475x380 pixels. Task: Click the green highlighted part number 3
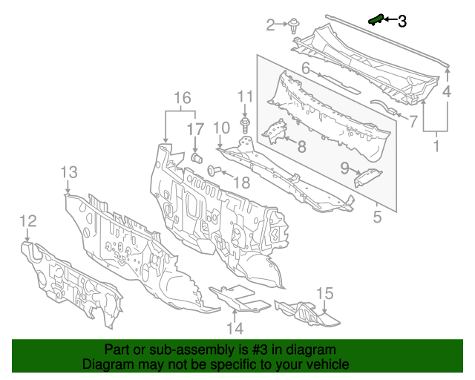[x=376, y=19]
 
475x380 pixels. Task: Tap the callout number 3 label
[x=402, y=22]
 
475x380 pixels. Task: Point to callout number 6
[x=305, y=69]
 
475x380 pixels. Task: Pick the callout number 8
[x=301, y=146]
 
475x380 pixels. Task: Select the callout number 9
[x=344, y=168]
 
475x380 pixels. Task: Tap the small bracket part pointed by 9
[x=368, y=177]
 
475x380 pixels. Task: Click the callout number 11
[x=245, y=96]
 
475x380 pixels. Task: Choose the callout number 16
[x=182, y=97]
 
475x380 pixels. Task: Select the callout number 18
[x=242, y=183]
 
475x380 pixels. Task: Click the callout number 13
[x=68, y=172]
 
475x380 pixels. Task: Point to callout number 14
[x=235, y=327]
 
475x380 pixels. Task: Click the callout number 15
[x=325, y=294]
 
